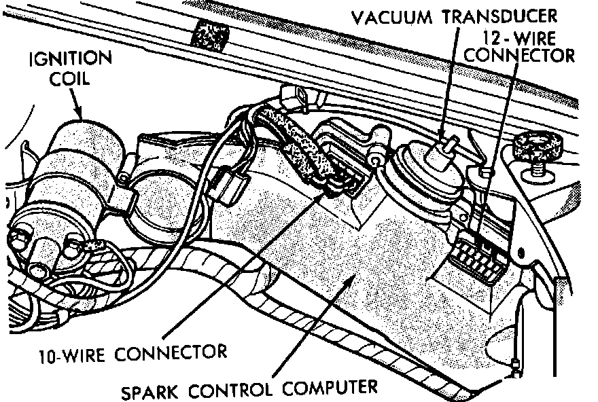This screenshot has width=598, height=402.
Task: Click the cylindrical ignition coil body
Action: click(84, 153)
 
